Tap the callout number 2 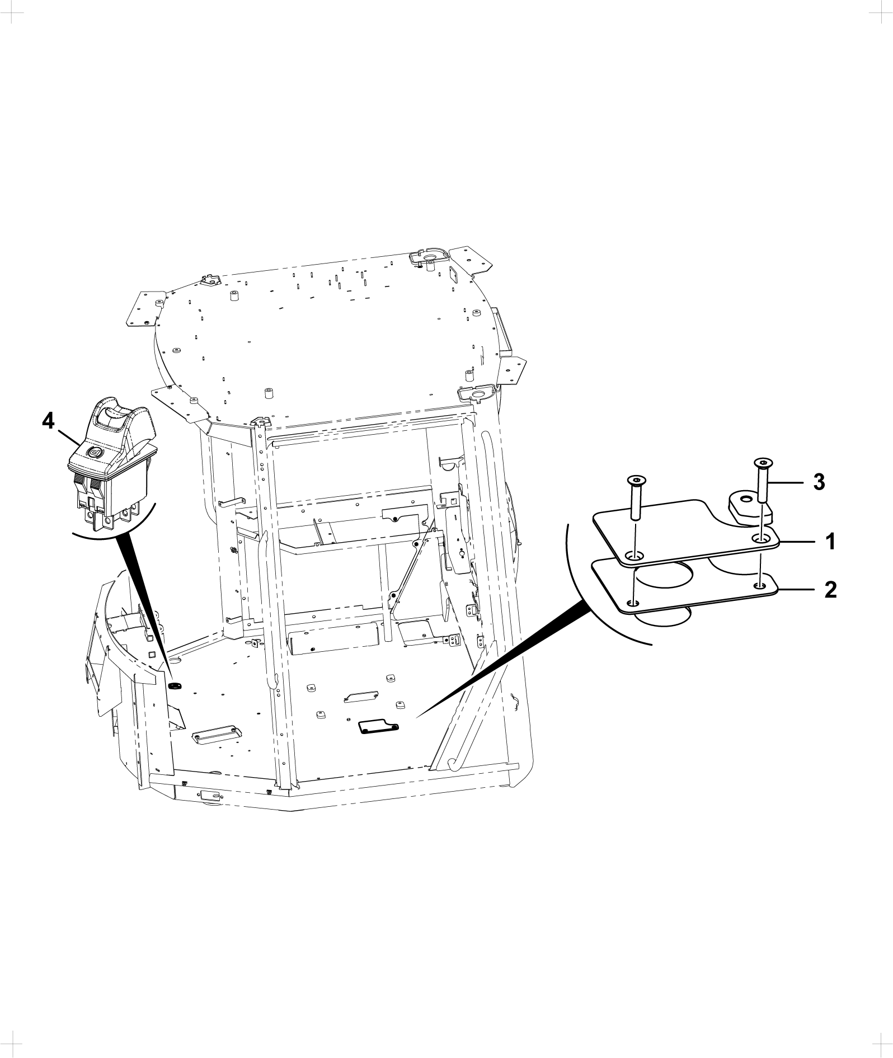[x=831, y=589]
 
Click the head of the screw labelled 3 [x=762, y=462]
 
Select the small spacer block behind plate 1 [x=749, y=507]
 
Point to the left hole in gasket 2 [x=633, y=603]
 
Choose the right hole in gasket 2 [x=759, y=585]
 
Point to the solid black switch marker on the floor [x=175, y=685]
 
